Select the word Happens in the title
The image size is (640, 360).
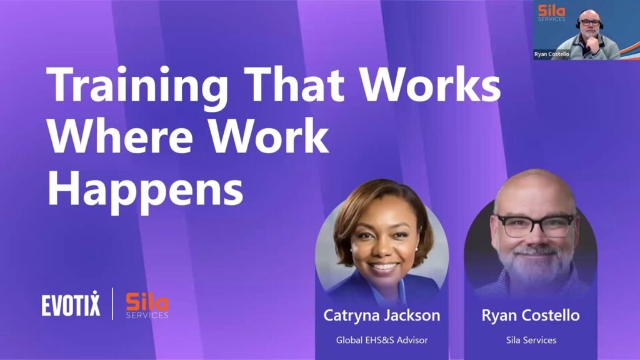[x=145, y=188]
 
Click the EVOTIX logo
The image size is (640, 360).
[x=71, y=304]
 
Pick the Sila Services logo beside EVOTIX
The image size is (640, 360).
[x=147, y=305]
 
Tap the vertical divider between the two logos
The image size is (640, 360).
[x=112, y=304]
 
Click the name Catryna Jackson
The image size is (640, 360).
[x=382, y=316]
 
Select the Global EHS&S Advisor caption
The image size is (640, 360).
[x=382, y=340]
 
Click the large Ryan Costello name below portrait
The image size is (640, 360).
[x=531, y=316]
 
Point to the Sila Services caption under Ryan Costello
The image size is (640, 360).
[x=531, y=340]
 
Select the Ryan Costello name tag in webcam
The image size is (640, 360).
[x=552, y=54]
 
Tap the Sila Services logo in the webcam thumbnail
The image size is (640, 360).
[x=551, y=12]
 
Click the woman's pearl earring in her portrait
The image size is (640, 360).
[x=351, y=248]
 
